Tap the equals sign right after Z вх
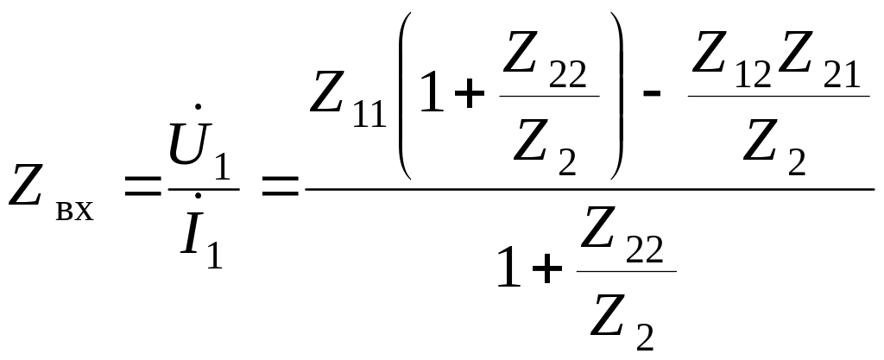point(142,186)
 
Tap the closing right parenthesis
point(615,95)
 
